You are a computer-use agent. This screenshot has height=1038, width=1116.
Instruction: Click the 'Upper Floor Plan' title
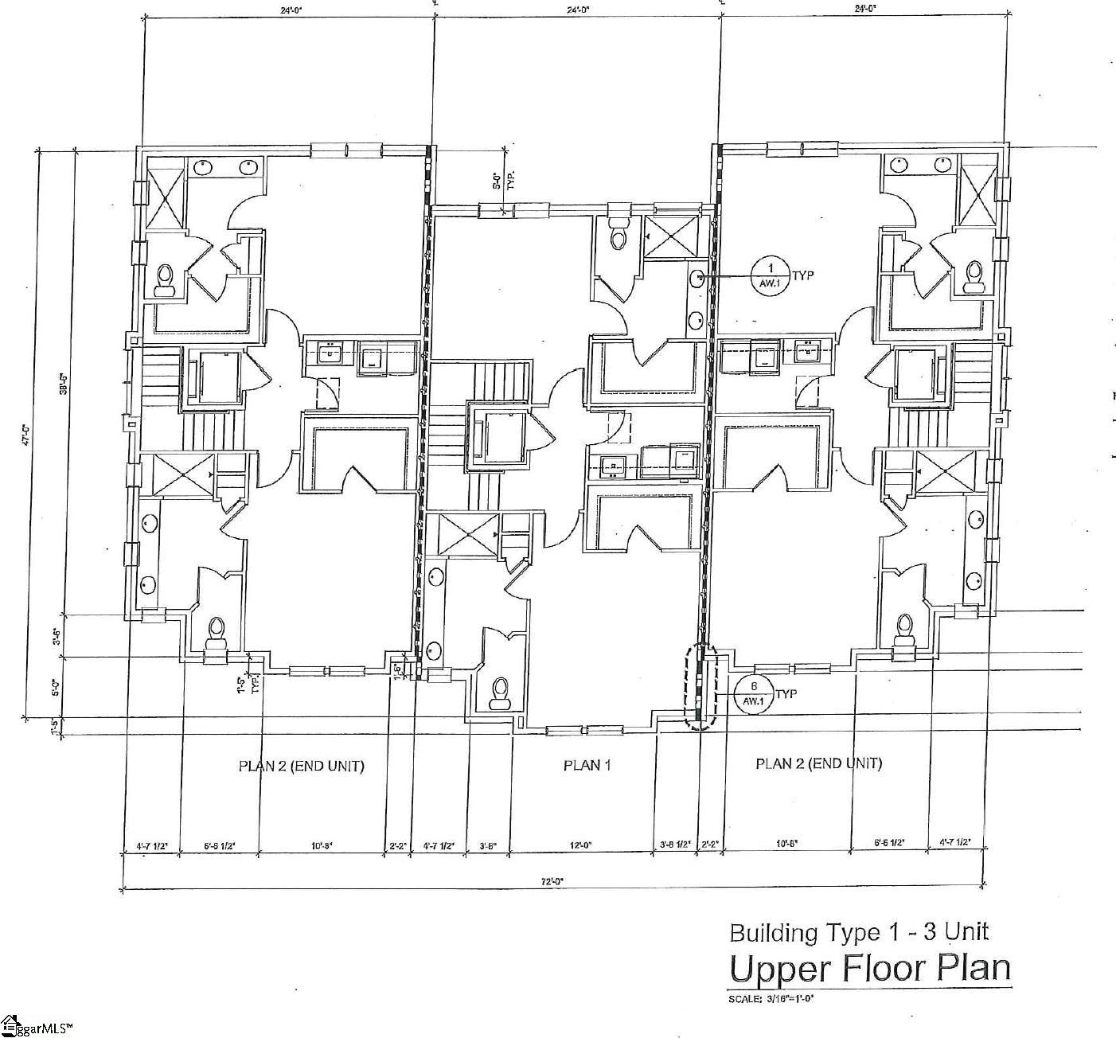point(870,969)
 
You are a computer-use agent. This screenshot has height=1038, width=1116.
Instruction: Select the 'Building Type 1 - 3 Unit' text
point(859,932)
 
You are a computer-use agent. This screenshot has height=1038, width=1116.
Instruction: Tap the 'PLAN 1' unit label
point(587,765)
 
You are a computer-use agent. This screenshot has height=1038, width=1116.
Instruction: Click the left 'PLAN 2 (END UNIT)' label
point(301,766)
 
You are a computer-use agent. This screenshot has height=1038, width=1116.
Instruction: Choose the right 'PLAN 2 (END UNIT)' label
point(817,763)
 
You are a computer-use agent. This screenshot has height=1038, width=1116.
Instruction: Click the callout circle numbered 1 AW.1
point(770,275)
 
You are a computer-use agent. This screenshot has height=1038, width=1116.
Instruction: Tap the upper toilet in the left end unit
point(166,280)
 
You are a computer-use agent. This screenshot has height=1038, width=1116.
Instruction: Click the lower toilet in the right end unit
point(903,629)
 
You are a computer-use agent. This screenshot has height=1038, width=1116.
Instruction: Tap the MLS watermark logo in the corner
point(37,1026)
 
